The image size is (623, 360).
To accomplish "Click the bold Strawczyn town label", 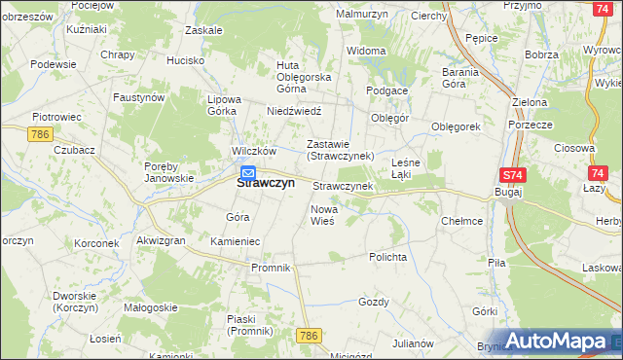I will (x=266, y=182).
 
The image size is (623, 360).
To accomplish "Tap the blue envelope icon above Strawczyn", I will (x=248, y=173).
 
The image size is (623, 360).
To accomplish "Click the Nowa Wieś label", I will (x=322, y=215).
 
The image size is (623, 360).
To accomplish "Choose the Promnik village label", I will (x=271, y=268).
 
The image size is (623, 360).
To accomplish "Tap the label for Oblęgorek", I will (x=457, y=126).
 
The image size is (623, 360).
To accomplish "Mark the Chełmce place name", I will (x=461, y=221).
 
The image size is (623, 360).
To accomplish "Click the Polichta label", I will (x=386, y=257).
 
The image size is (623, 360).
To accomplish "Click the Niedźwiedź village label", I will (x=294, y=111).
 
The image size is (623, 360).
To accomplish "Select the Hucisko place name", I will (x=185, y=60).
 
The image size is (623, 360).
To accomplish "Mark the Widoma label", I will (x=366, y=50).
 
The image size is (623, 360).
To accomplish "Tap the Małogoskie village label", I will (x=150, y=307).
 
